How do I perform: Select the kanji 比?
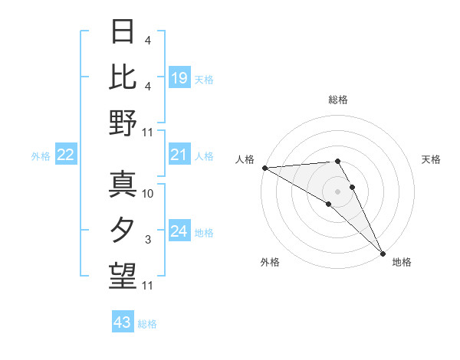(123, 77)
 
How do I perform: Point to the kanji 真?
(123, 185)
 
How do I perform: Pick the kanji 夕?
(123, 230)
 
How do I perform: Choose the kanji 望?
(123, 275)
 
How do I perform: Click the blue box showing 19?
(179, 78)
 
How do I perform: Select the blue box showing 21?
(179, 155)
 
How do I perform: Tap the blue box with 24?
(179, 231)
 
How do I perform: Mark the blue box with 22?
(66, 155)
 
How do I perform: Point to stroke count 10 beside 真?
(149, 194)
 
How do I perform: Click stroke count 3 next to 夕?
(148, 240)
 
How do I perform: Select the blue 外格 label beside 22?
(41, 156)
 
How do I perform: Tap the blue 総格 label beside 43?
(147, 323)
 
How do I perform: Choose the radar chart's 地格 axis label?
(402, 262)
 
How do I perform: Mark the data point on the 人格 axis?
(264, 168)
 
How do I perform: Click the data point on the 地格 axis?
(382, 253)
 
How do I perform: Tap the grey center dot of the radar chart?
(337, 191)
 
